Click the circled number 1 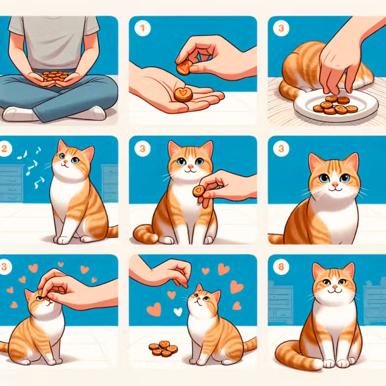tap(142, 28)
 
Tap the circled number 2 tap(4, 149)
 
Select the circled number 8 tap(281, 267)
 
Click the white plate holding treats tap(336, 105)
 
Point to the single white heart tap(178, 312)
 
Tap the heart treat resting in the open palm tap(183, 94)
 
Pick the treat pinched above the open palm tap(184, 68)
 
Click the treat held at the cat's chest tap(199, 191)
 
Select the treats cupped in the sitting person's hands tap(55, 76)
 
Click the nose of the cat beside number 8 tap(334, 287)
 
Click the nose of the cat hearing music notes tap(65, 162)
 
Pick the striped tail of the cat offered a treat tap(145, 234)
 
